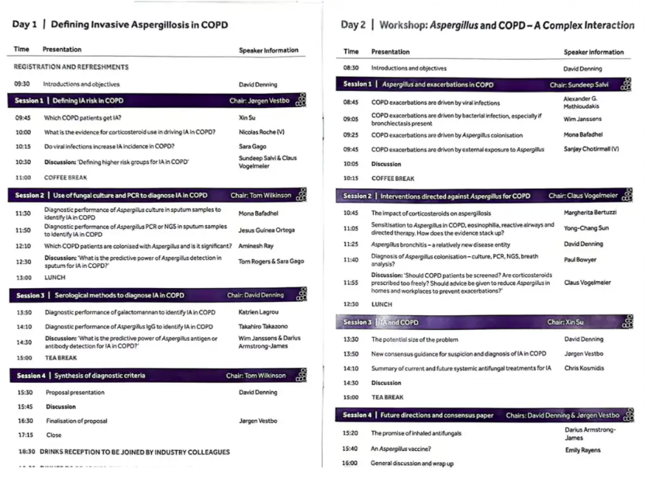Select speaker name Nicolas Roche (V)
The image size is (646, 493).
(x=262, y=132)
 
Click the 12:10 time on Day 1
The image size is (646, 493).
(x=22, y=246)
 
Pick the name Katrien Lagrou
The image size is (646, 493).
(x=259, y=312)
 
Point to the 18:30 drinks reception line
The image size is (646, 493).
(x=124, y=451)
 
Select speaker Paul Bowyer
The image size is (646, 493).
(x=581, y=260)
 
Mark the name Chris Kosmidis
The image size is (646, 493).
(x=584, y=368)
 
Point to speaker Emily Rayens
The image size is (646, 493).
(x=583, y=450)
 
